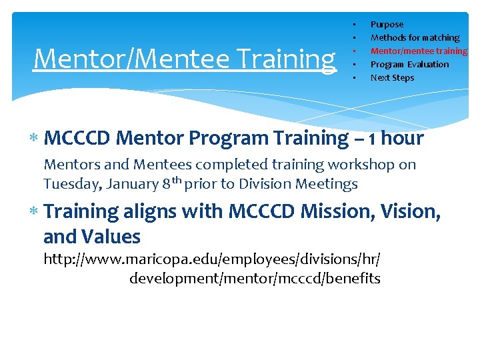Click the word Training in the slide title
293,59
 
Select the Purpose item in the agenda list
387,25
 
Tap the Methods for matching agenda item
415,38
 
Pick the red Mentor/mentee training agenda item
419,51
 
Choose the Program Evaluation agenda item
409,65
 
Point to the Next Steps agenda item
392,78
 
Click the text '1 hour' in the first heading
393,138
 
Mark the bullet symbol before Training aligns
34,212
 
